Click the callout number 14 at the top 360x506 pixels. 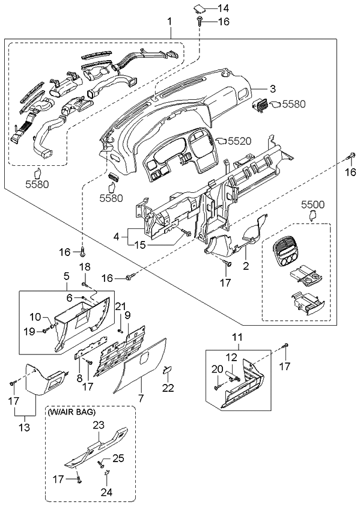[x=224, y=8]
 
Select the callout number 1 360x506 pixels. [x=169, y=22]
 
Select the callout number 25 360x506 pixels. [x=118, y=459]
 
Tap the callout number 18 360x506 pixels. [x=85, y=266]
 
